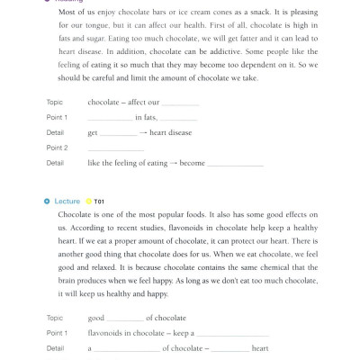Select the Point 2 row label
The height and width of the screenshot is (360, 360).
click(x=57, y=148)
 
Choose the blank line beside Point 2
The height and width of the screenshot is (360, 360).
click(x=115, y=148)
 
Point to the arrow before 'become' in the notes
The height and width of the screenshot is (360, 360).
click(x=173, y=163)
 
